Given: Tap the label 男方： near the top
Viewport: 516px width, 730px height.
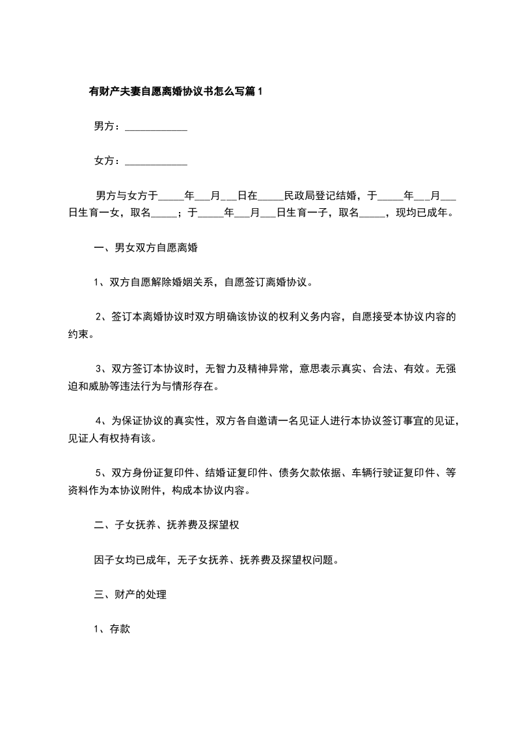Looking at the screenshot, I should (x=108, y=127).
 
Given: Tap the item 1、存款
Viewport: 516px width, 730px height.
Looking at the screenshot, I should (x=113, y=630).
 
